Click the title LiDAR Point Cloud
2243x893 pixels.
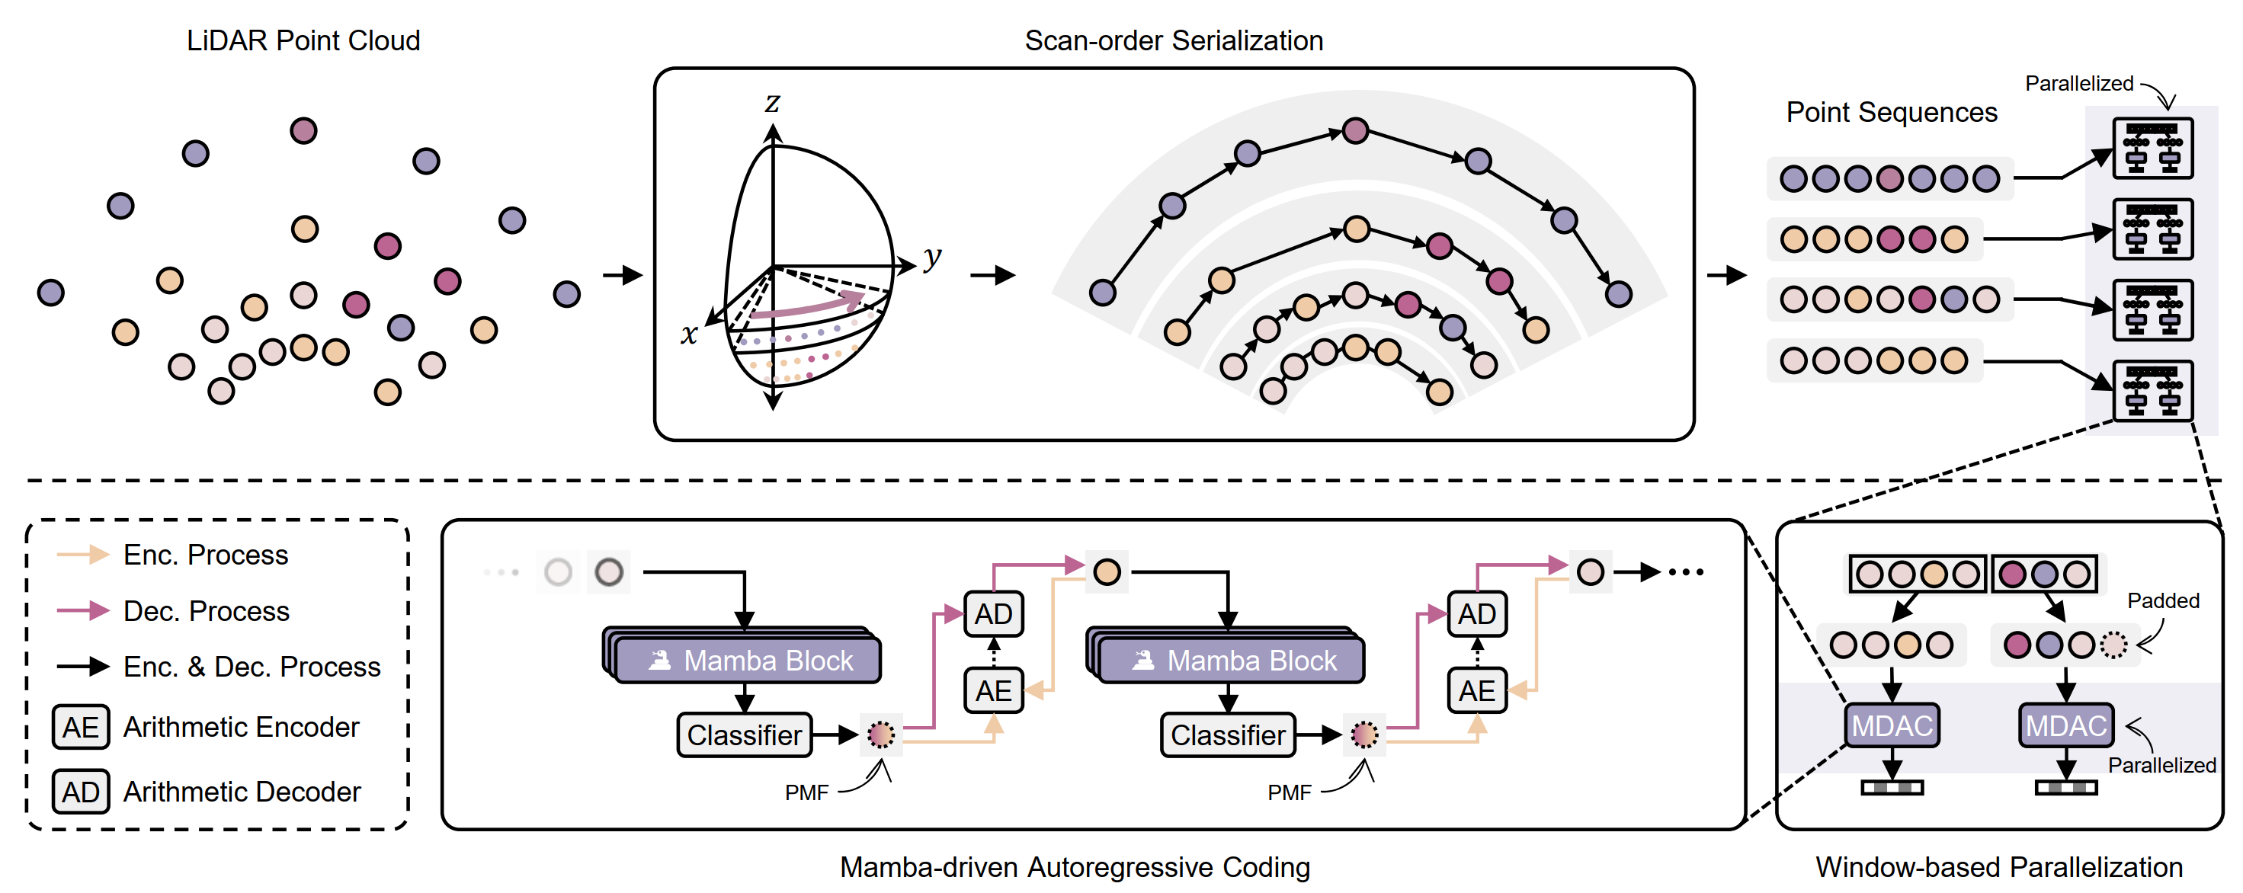tap(303, 41)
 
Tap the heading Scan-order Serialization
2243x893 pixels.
tap(1173, 41)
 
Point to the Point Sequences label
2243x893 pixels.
tap(1891, 112)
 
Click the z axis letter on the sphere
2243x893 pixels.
tap(772, 104)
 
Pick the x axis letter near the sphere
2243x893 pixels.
tap(689, 334)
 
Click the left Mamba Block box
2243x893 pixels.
tap(748, 661)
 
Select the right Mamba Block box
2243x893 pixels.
tap(1231, 661)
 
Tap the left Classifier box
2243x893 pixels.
tap(745, 735)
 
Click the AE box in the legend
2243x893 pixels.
tap(81, 727)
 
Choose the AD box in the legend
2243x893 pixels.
tap(81, 791)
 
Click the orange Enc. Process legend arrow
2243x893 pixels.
tap(83, 555)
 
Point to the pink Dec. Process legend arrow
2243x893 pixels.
tap(83, 611)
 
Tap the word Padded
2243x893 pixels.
tap(2163, 600)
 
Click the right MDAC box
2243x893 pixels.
tap(2065, 725)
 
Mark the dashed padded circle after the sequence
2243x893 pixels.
tap(2113, 645)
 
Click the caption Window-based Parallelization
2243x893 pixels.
tap(1998, 867)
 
